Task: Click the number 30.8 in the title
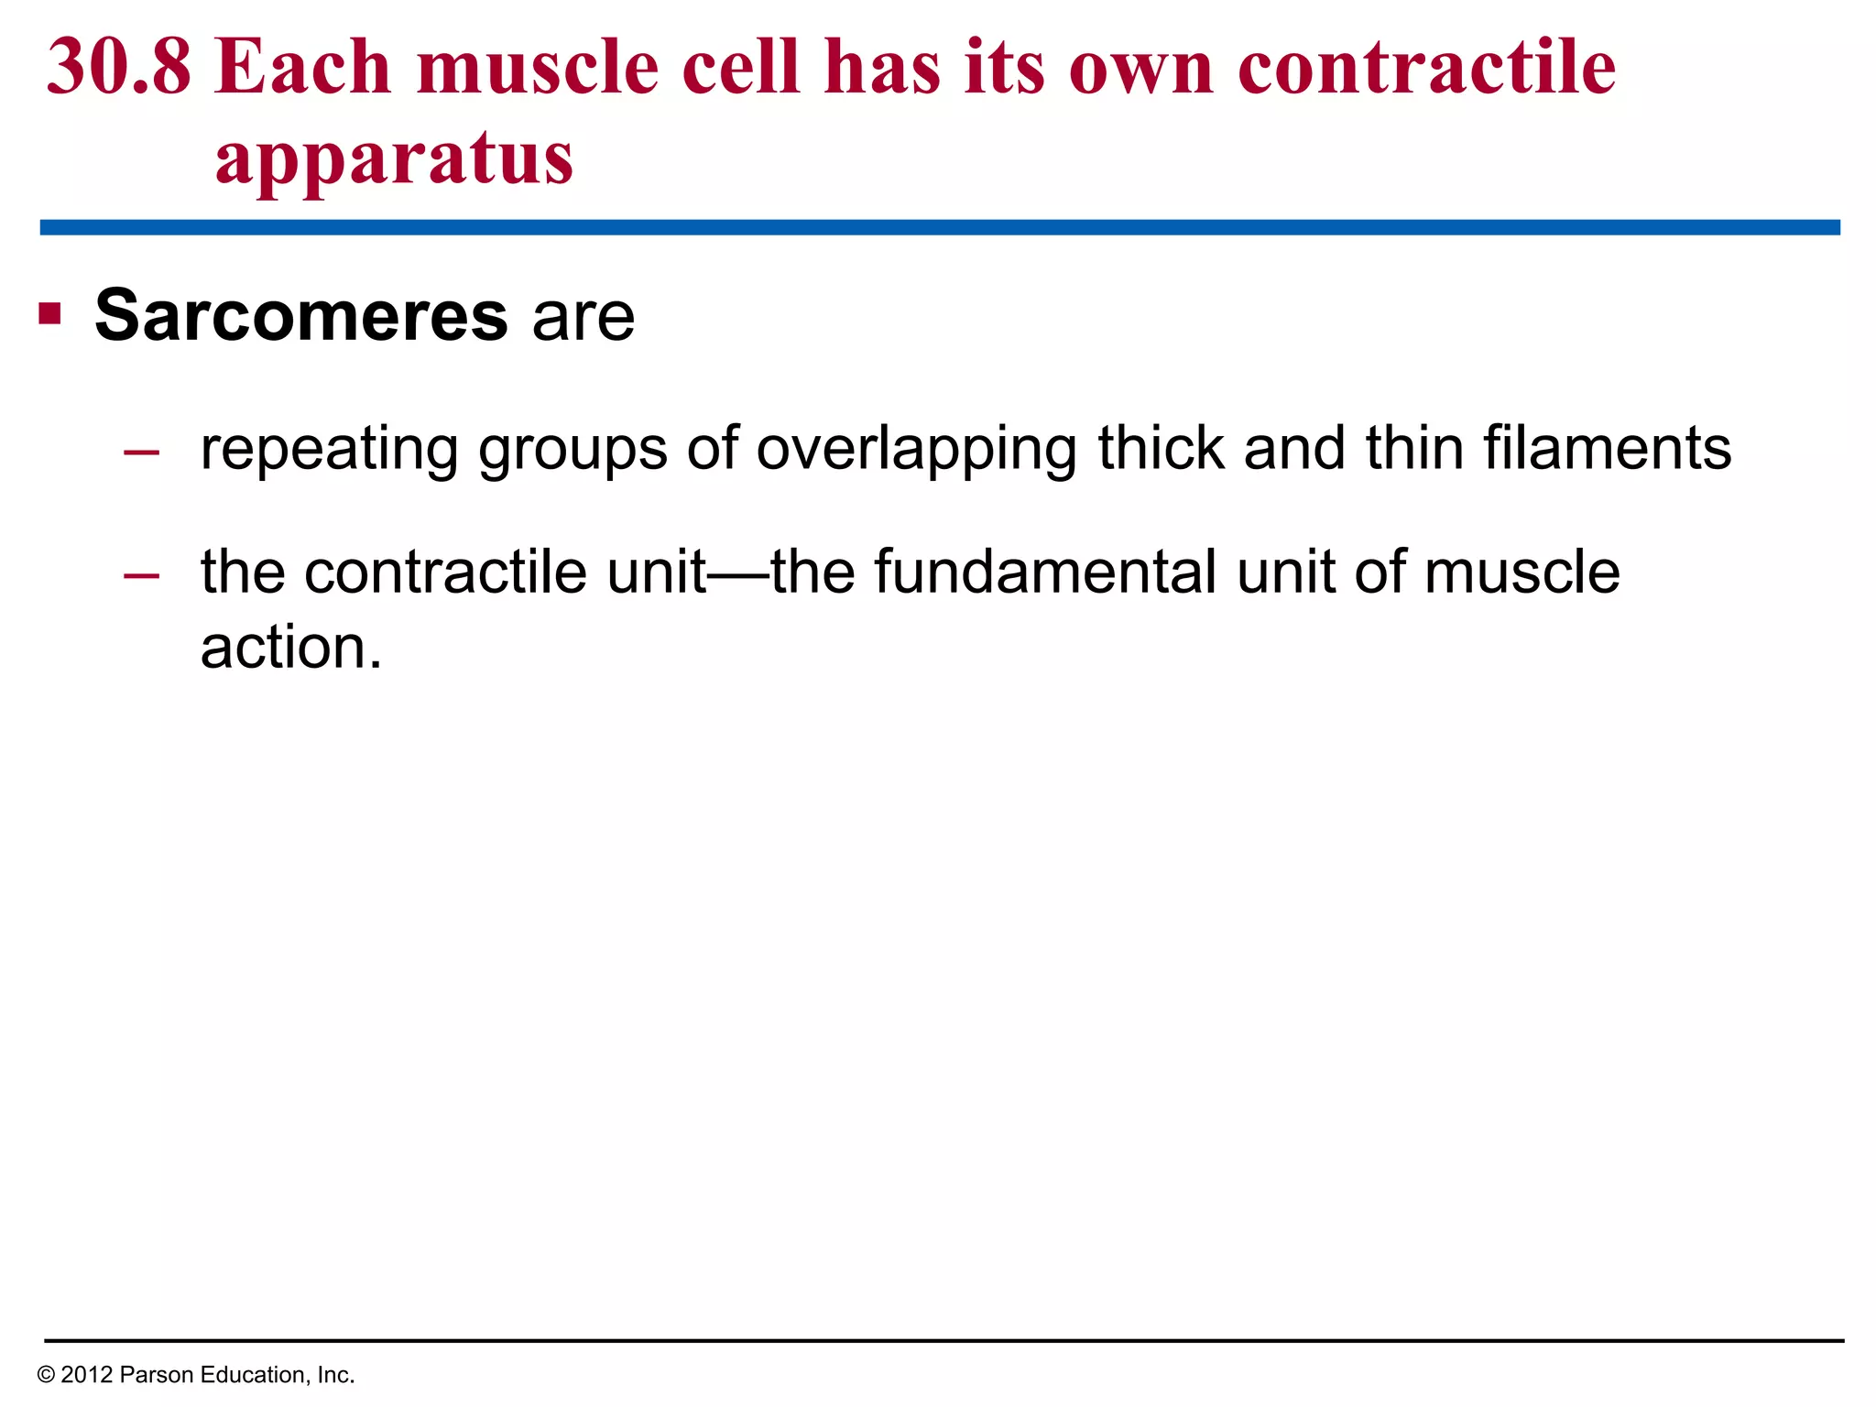tap(119, 68)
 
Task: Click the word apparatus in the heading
tap(394, 158)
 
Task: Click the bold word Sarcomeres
tap(300, 316)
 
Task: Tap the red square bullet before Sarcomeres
tap(49, 315)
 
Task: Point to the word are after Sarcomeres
tap(584, 318)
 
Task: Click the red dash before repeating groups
tap(141, 452)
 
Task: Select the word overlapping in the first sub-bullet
tap(915, 449)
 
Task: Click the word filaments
tap(1607, 448)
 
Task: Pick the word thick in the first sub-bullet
tap(1161, 448)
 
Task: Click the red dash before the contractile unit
tap(141, 575)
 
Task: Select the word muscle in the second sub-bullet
tap(1522, 573)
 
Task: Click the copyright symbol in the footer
tap(46, 1375)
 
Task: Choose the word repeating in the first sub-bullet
tap(330, 449)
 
